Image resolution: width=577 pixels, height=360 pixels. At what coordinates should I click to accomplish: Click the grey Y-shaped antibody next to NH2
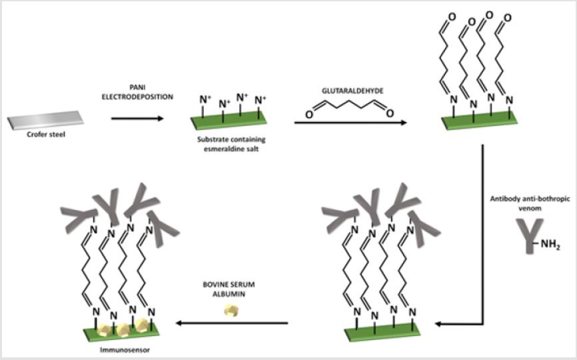[528, 237]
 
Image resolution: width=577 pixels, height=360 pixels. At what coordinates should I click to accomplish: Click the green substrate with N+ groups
[231, 121]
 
